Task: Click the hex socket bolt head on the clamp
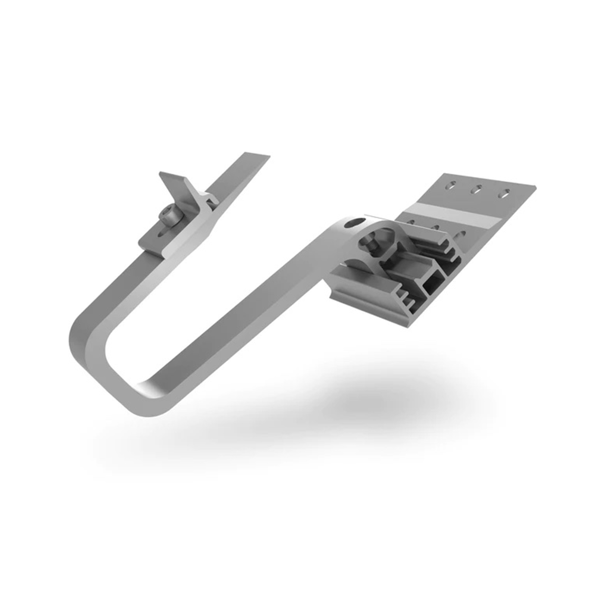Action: (168, 215)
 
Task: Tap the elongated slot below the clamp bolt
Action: (162, 234)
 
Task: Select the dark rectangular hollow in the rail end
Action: (434, 283)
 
